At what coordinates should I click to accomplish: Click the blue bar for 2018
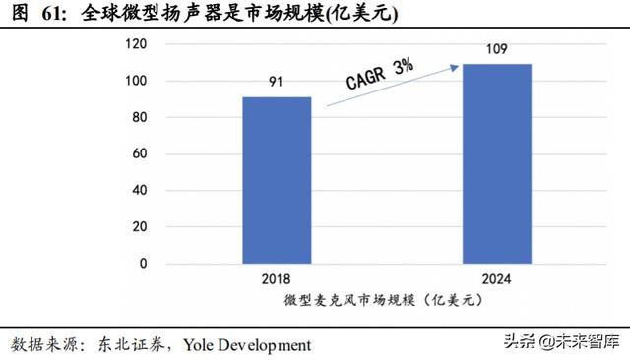coord(277,180)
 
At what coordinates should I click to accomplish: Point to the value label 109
coord(497,49)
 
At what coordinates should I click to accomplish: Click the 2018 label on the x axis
coord(277,278)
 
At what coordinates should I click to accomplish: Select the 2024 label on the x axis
coord(497,278)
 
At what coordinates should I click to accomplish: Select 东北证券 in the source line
coord(132,344)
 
